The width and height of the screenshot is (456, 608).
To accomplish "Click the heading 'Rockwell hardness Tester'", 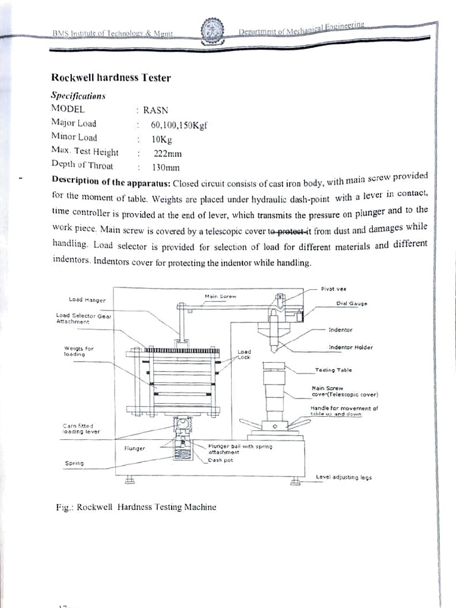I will [111, 77].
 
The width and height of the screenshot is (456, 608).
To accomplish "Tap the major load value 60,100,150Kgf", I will [178, 125].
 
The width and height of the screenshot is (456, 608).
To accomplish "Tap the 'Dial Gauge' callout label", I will [351, 303].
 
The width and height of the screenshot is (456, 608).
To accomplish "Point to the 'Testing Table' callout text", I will [332, 370].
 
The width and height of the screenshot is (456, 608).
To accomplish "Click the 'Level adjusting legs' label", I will [344, 477].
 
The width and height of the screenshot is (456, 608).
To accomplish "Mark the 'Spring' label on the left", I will [74, 463].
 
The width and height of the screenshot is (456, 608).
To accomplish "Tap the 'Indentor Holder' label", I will [350, 347].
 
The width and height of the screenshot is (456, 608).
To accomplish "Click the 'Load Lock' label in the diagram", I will [244, 354].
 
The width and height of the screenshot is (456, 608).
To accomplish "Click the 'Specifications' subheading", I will [78, 95].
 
